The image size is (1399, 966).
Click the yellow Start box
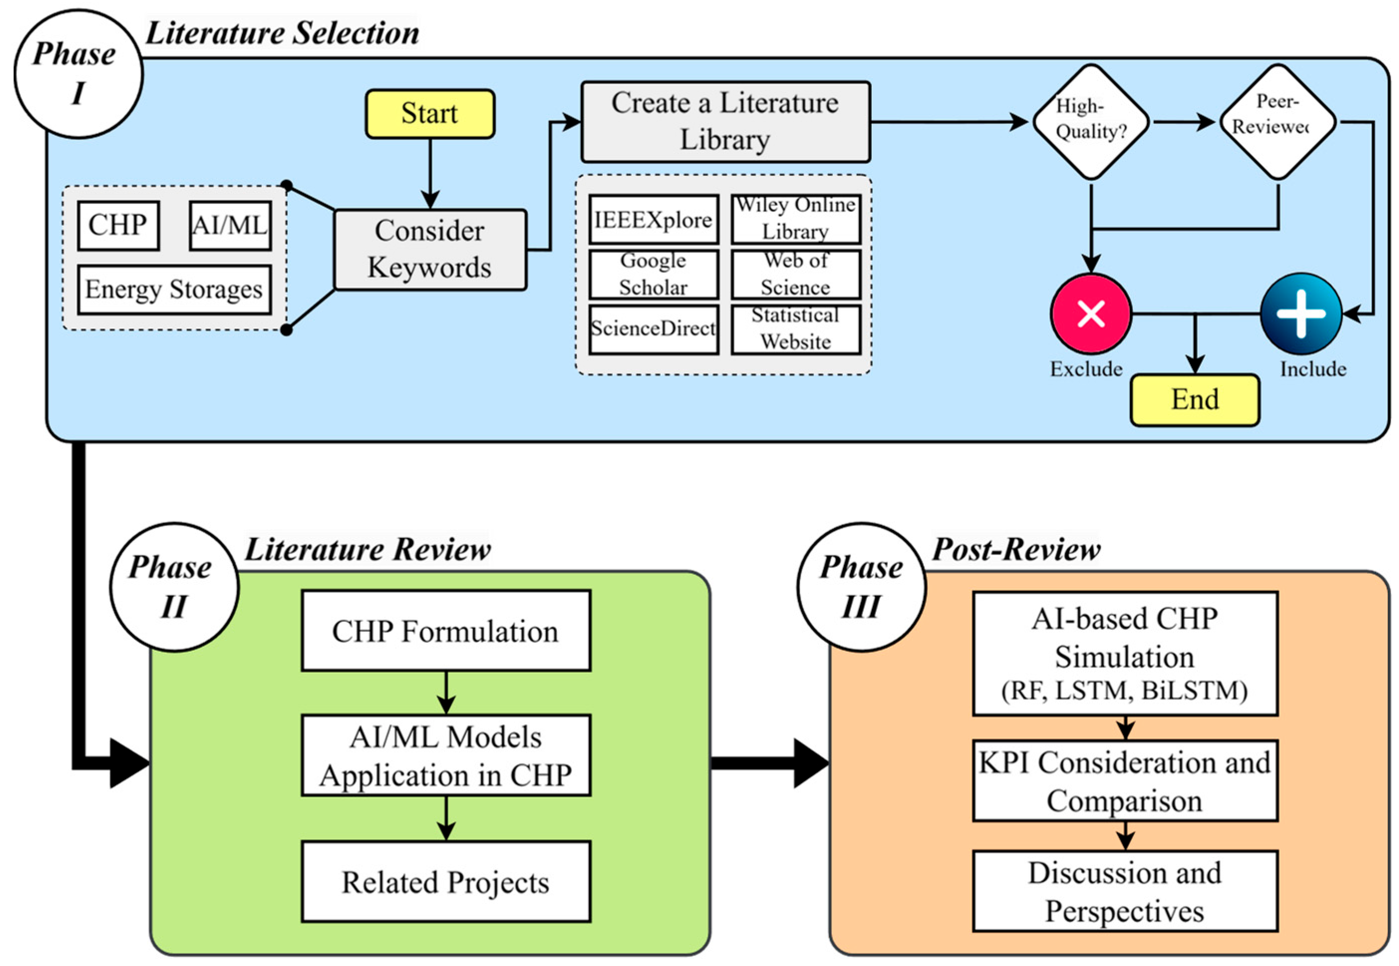[x=429, y=114]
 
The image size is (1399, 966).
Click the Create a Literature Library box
[x=725, y=122]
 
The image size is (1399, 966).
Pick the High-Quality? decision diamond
[x=1091, y=122]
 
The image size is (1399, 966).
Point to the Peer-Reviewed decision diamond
[x=1277, y=122]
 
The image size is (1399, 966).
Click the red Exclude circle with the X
[x=1091, y=313]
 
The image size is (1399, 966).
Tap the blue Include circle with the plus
[x=1301, y=313]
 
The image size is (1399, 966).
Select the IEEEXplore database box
[x=654, y=220]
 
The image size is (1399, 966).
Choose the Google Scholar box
[x=654, y=274]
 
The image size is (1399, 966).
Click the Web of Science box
[x=795, y=274]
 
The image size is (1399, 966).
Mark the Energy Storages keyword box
[x=174, y=289]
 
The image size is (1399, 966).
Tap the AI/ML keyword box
[x=230, y=226]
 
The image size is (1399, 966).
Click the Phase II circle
[x=174, y=587]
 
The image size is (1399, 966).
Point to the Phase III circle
[x=861, y=587]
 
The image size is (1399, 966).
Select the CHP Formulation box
[x=446, y=631]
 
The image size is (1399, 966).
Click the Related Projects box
[x=446, y=882]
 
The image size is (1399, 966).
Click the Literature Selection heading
[x=282, y=33]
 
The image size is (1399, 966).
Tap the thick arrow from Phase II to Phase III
[x=768, y=763]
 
